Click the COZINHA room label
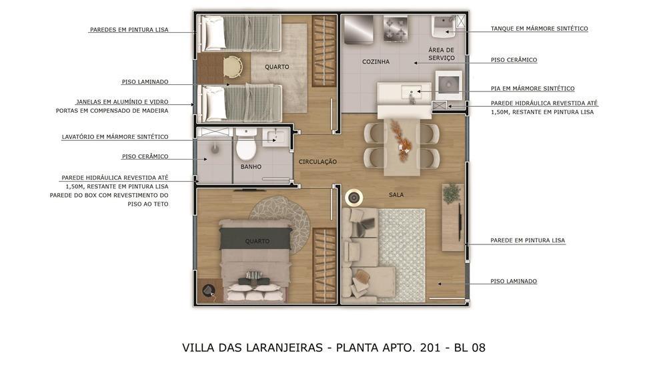pos(376,61)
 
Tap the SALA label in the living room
pos(396,194)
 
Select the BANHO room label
pos(251,166)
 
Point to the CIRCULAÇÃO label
pos(317,162)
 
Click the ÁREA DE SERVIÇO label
pos(442,54)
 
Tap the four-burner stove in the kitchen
pos(396,29)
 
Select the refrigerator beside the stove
pos(358,29)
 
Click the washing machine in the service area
pos(448,85)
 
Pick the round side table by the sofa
pos(354,198)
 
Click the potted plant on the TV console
pos(452,194)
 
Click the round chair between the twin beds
pos(232,67)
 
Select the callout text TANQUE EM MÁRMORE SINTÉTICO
pos(540,29)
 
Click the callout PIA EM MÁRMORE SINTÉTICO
pos(532,89)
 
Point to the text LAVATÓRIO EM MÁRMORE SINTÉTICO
pos(115,137)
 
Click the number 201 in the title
pos(430,347)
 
